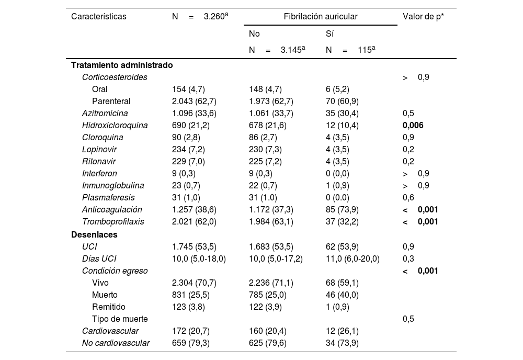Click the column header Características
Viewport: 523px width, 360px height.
99,17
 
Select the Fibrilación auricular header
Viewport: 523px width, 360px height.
321,17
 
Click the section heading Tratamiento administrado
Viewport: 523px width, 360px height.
122,65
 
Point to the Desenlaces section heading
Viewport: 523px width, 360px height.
94,234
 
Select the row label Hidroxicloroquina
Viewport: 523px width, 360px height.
115,126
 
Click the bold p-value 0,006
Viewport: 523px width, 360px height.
413,126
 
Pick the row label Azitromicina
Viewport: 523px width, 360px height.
105,113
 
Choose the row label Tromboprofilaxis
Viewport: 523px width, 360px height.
113,222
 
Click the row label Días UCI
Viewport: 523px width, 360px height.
99,258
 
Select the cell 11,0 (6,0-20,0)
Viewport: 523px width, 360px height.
353,258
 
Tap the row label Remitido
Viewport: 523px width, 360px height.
108,307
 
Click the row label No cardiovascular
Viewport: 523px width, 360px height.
116,343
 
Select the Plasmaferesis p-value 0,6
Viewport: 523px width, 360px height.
408,198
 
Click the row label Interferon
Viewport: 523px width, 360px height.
99,174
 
